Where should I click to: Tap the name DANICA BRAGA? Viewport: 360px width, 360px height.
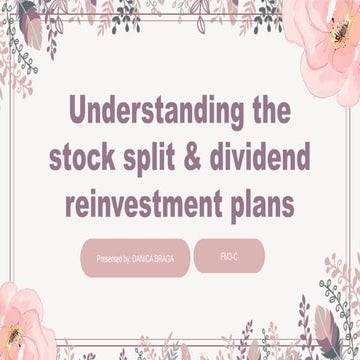click(151, 258)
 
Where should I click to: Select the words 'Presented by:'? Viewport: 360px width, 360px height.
click(112, 258)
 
